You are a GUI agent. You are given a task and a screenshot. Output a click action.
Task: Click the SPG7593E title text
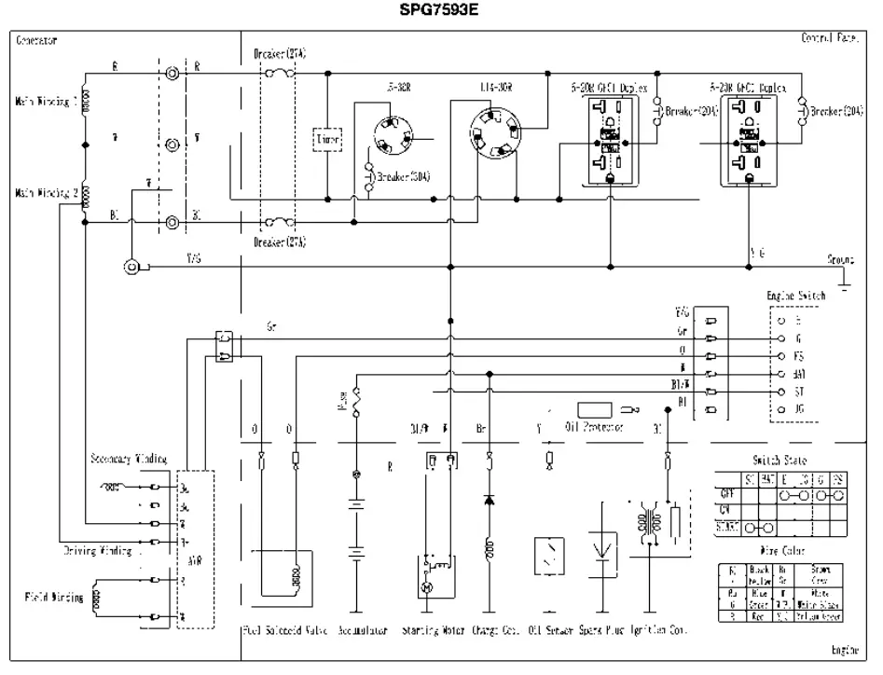point(442,12)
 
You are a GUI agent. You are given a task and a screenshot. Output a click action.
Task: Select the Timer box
point(326,140)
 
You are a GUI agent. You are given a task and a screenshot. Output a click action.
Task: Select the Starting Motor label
point(434,630)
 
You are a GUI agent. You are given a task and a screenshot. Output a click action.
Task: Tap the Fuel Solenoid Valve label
point(276,630)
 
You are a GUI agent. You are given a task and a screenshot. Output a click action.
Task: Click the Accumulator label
point(361,630)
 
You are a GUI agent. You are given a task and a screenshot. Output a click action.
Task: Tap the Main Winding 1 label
point(44,102)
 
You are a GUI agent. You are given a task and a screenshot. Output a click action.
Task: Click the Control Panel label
point(828,39)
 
